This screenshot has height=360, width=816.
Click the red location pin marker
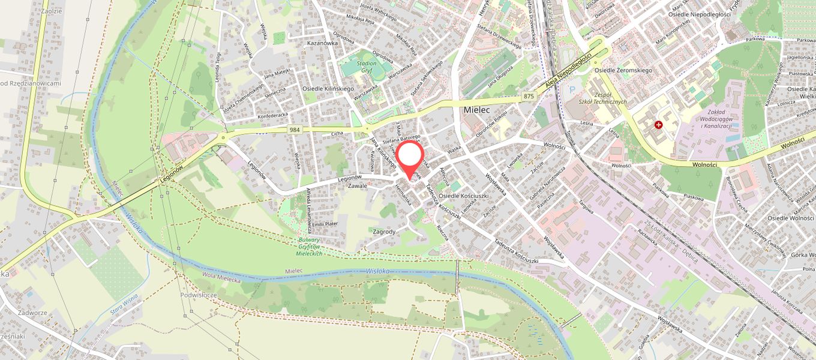[x=410, y=157]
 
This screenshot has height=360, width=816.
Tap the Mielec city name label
[x=478, y=110]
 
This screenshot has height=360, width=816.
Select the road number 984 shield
[x=295, y=130]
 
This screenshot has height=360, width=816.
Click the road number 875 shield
[x=528, y=97]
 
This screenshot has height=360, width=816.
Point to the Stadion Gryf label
[x=366, y=67]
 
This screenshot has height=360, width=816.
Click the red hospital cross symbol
[x=659, y=125]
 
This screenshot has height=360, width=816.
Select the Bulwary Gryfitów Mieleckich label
[x=310, y=247]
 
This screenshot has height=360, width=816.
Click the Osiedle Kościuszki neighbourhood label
[x=464, y=196]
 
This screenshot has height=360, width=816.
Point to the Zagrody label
[x=384, y=231]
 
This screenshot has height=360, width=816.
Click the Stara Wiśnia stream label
[x=124, y=304]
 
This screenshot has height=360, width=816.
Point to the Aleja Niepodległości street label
[x=567, y=71]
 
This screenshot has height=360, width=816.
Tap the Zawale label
[x=357, y=186]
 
